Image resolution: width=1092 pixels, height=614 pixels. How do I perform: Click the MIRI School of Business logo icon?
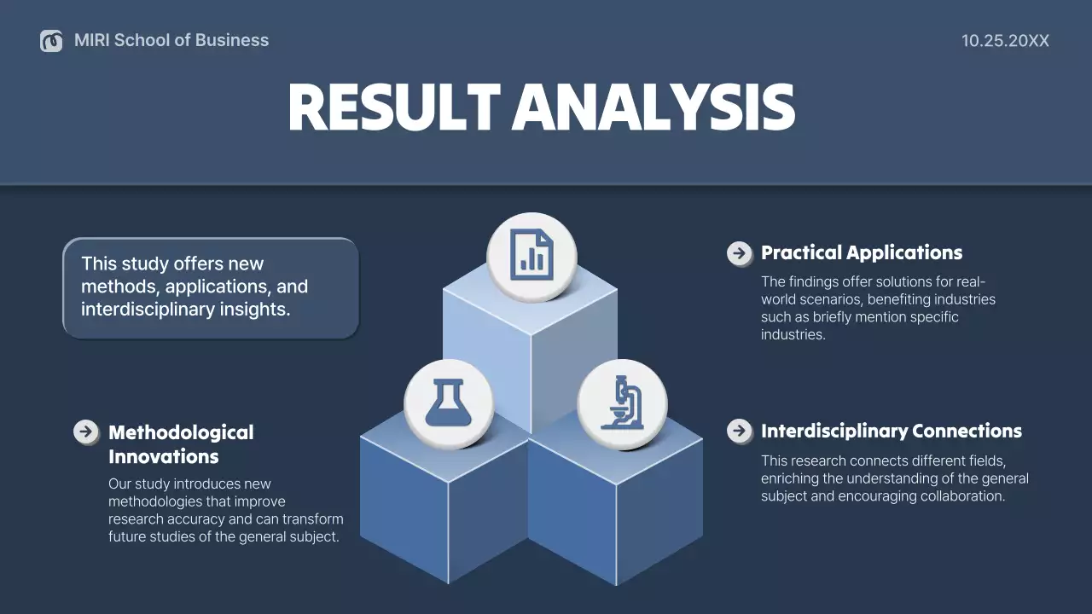(51, 40)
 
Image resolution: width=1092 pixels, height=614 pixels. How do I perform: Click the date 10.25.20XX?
(1005, 41)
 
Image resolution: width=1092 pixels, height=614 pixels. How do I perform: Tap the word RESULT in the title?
(393, 108)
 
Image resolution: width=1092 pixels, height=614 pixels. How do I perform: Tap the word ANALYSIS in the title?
(653, 108)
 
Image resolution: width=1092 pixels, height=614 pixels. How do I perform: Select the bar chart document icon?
(531, 257)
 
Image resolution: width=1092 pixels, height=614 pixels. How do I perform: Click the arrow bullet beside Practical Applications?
(739, 253)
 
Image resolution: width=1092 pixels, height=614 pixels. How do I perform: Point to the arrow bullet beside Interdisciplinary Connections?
(739, 431)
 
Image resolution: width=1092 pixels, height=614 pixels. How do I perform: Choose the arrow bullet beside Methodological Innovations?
(86, 432)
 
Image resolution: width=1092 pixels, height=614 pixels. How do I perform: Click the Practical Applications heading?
(861, 252)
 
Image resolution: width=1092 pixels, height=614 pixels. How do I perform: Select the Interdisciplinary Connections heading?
(891, 431)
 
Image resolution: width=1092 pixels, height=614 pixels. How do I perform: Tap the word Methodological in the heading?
(181, 432)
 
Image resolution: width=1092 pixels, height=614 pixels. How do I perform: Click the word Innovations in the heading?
(163, 456)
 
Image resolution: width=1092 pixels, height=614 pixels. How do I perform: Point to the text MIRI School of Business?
(171, 40)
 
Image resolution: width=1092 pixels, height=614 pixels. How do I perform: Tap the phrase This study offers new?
(172, 264)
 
